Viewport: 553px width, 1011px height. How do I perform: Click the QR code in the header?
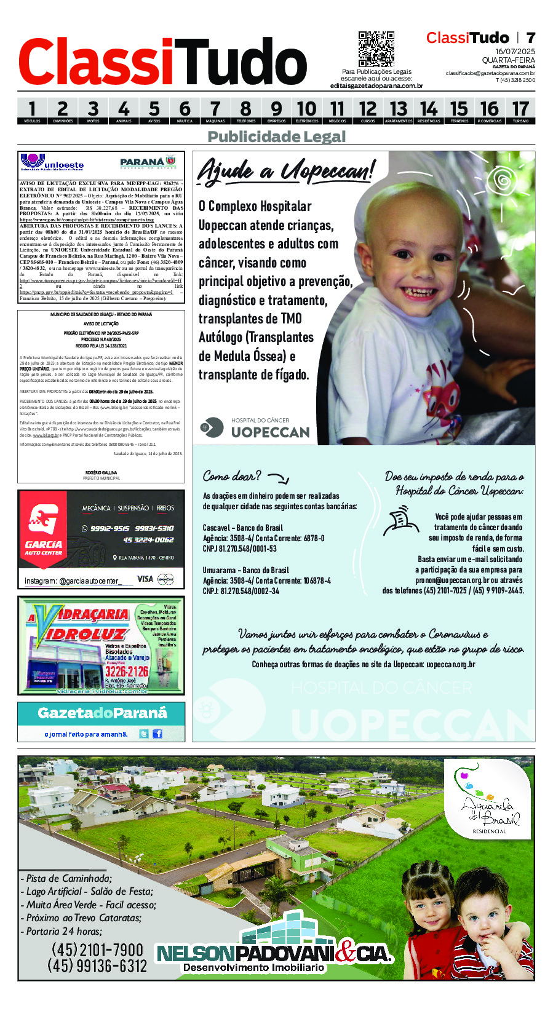click(376, 49)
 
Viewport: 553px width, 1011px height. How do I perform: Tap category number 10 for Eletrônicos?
click(306, 110)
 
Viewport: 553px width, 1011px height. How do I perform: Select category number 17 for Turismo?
click(520, 110)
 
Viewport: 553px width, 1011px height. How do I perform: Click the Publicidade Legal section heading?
click(276, 137)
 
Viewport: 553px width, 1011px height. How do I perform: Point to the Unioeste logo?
click(52, 162)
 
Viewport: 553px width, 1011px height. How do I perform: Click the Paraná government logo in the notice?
click(148, 162)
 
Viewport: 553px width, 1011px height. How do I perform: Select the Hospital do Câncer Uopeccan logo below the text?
click(256, 428)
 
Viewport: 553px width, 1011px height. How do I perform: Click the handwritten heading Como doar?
click(232, 476)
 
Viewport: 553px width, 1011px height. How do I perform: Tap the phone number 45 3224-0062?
click(148, 540)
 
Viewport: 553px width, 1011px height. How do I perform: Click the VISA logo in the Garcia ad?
click(145, 579)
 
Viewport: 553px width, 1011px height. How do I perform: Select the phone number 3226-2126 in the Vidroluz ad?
click(126, 671)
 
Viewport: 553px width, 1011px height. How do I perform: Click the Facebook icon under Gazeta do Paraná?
click(157, 734)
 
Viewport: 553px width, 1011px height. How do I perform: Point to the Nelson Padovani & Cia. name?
click(274, 954)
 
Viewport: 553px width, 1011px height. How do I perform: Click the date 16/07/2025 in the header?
click(515, 52)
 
